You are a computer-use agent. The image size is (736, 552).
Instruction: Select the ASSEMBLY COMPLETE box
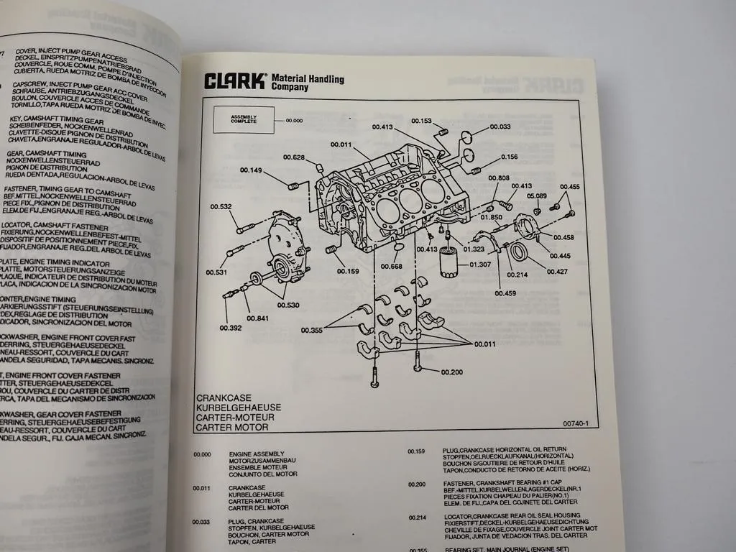point(243,120)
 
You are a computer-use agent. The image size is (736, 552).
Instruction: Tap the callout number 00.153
point(421,121)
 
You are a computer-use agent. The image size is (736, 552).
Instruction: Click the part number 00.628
point(293,157)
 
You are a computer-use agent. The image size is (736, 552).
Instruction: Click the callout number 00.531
point(216,272)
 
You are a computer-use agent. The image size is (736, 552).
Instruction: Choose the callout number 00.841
point(257,318)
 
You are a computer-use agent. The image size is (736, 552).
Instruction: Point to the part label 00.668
point(391,267)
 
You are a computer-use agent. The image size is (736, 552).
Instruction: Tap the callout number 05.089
point(537,195)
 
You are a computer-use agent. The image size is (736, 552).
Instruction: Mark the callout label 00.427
point(556,272)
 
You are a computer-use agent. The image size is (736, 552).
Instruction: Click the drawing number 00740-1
point(576,423)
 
